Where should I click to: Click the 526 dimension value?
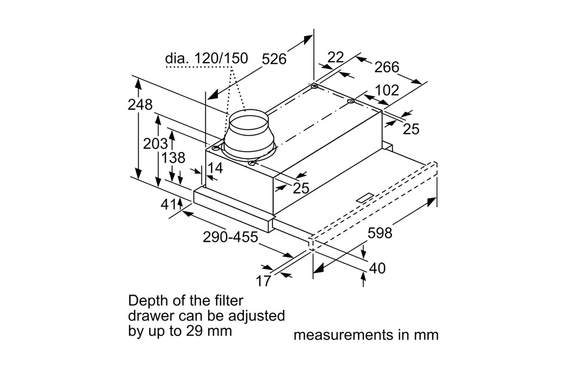[274, 59]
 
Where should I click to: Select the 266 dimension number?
[387, 68]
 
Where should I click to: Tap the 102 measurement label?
[387, 90]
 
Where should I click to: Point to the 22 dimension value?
[335, 57]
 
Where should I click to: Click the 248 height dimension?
[140, 104]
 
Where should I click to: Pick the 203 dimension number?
[155, 144]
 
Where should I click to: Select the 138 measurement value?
[173, 158]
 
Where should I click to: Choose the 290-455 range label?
[231, 237]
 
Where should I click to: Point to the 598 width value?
[380, 232]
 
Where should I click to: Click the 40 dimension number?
[377, 268]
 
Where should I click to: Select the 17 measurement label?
[264, 281]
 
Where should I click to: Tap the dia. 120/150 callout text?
[206, 59]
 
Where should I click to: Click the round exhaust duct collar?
[249, 135]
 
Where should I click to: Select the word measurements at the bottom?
[337, 335]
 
